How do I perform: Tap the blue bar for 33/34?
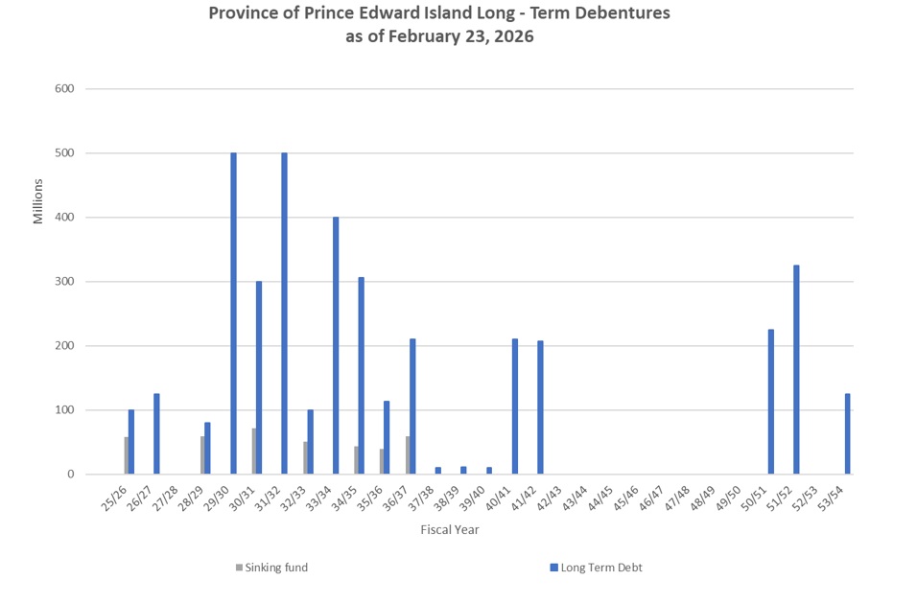[336, 345]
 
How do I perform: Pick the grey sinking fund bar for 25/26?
[127, 455]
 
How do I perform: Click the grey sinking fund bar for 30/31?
[254, 451]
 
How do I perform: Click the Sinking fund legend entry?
[272, 568]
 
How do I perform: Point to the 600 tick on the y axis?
[66, 89]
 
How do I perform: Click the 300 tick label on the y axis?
[66, 282]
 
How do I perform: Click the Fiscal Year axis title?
[450, 529]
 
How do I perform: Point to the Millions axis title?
[38, 201]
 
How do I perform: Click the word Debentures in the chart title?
[615, 13]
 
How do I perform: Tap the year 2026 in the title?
[512, 37]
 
